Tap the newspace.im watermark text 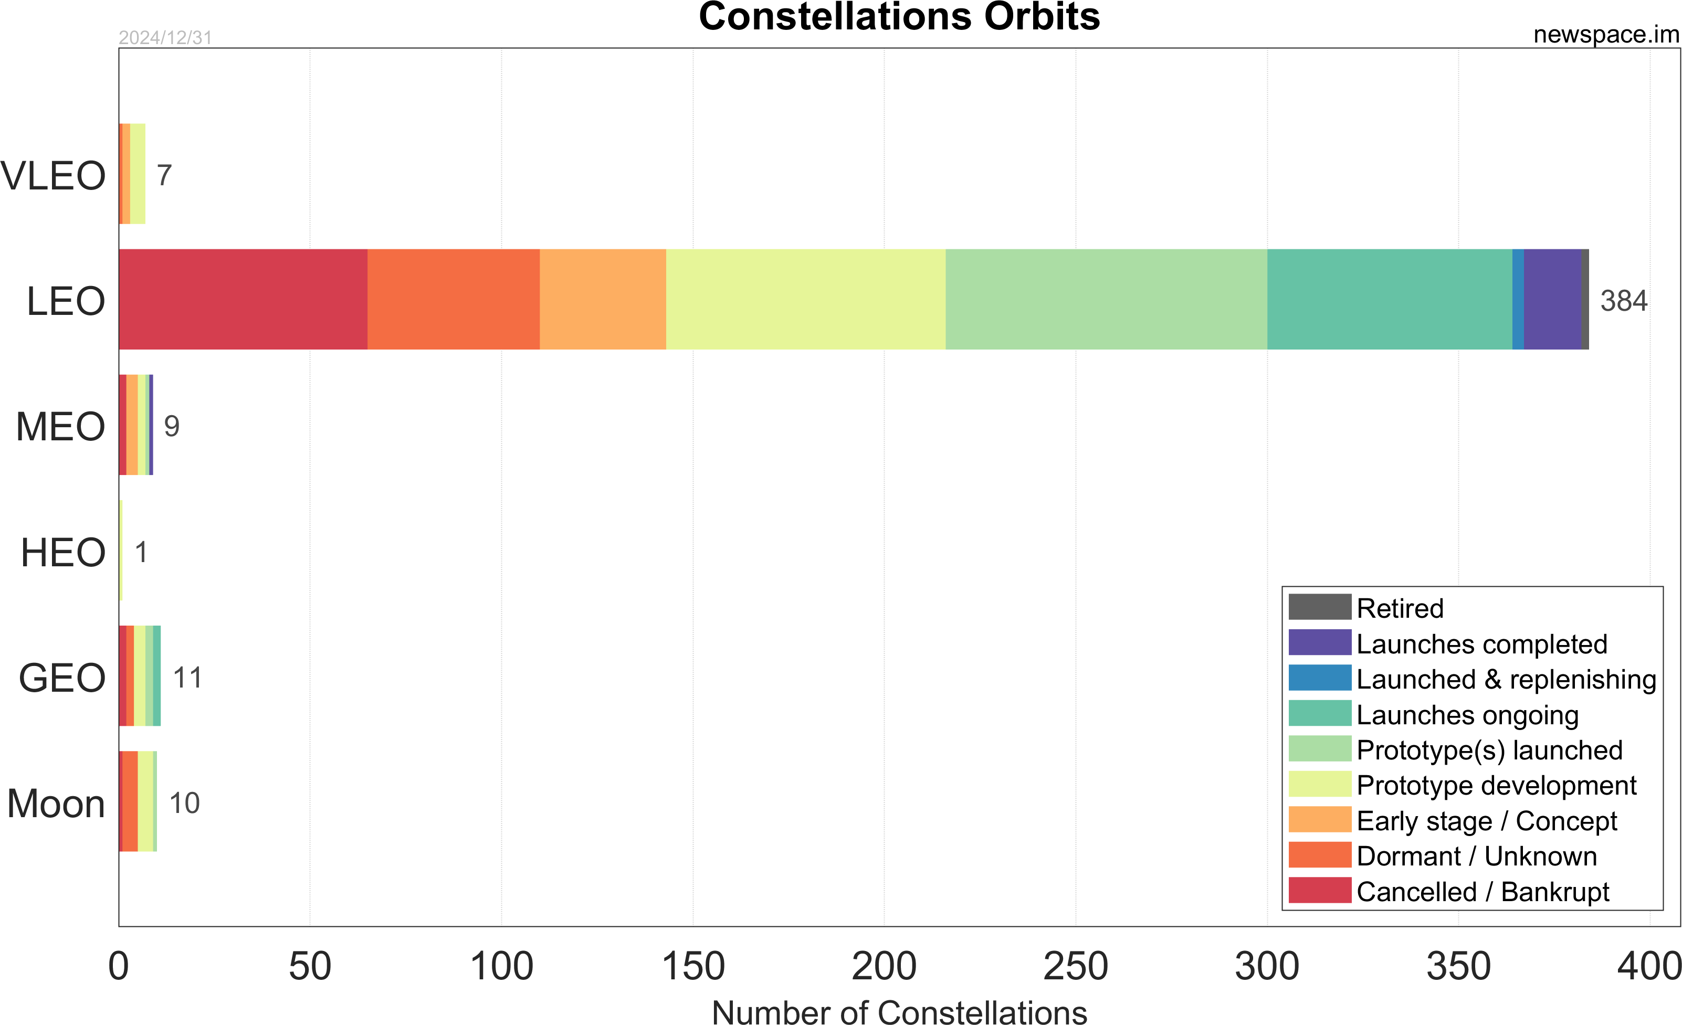tap(1605, 34)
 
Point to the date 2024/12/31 tap(165, 38)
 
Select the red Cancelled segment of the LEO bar tap(243, 300)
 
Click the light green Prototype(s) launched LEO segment tap(1106, 300)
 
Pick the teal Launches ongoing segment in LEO tap(1389, 300)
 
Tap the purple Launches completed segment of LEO tap(1552, 300)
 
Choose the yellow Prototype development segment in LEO tap(805, 300)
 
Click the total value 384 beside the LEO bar tap(1623, 301)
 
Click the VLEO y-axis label tap(53, 175)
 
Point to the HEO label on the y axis tap(63, 552)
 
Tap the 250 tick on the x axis tap(1076, 966)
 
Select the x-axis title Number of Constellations tap(899, 1012)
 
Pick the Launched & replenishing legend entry tap(1506, 680)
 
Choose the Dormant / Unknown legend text tap(1477, 857)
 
